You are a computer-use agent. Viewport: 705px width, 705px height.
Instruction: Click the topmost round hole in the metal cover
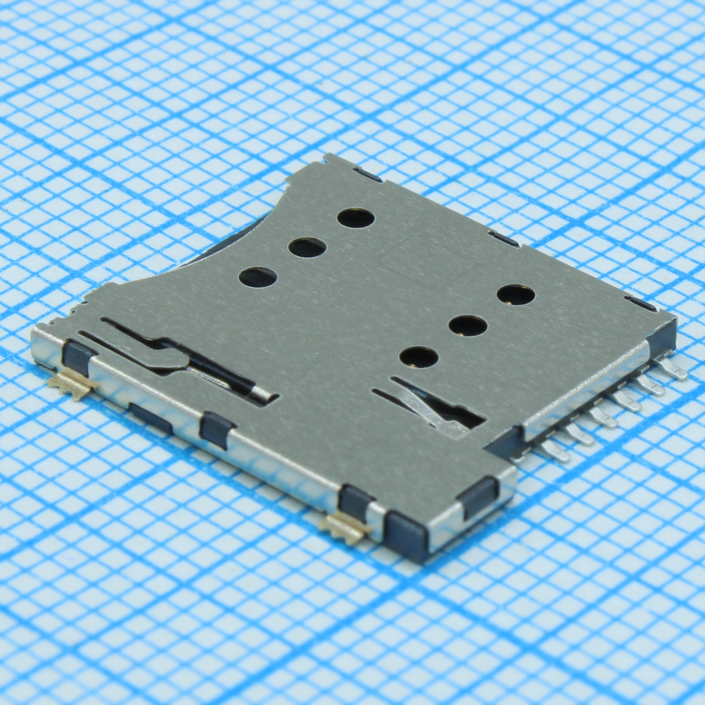tap(356, 219)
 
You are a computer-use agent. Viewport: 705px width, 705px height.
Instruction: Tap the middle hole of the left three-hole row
tap(307, 248)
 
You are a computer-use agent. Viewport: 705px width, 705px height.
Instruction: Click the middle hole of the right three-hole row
tap(468, 325)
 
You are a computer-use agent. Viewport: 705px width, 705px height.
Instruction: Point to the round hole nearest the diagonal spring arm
tap(418, 357)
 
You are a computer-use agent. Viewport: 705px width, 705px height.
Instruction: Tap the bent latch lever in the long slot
tap(172, 356)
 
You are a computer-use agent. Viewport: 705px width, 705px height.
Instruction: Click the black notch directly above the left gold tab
tap(76, 356)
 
